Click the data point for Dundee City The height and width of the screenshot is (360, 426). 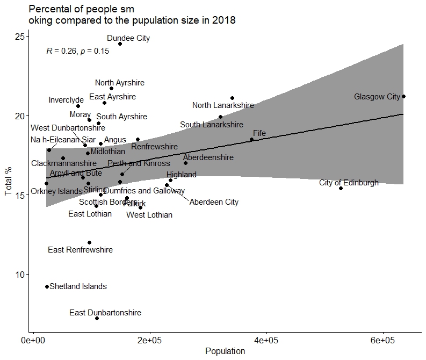(x=120, y=44)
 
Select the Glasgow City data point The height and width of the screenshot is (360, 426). (x=404, y=96)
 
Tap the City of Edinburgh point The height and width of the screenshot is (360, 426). (x=341, y=188)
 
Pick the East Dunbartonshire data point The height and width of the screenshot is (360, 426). (x=97, y=318)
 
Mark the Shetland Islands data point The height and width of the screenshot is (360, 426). (x=47, y=286)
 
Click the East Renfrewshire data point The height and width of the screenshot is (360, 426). (x=90, y=242)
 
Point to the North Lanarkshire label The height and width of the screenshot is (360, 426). (x=223, y=106)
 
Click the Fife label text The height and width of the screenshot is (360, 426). (x=259, y=133)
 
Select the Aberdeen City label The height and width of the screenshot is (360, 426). (x=214, y=203)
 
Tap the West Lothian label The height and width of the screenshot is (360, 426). (x=149, y=215)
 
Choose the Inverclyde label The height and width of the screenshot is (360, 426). (x=66, y=100)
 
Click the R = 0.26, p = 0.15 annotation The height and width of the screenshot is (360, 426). (x=78, y=52)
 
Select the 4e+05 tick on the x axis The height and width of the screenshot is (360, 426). (x=266, y=341)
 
